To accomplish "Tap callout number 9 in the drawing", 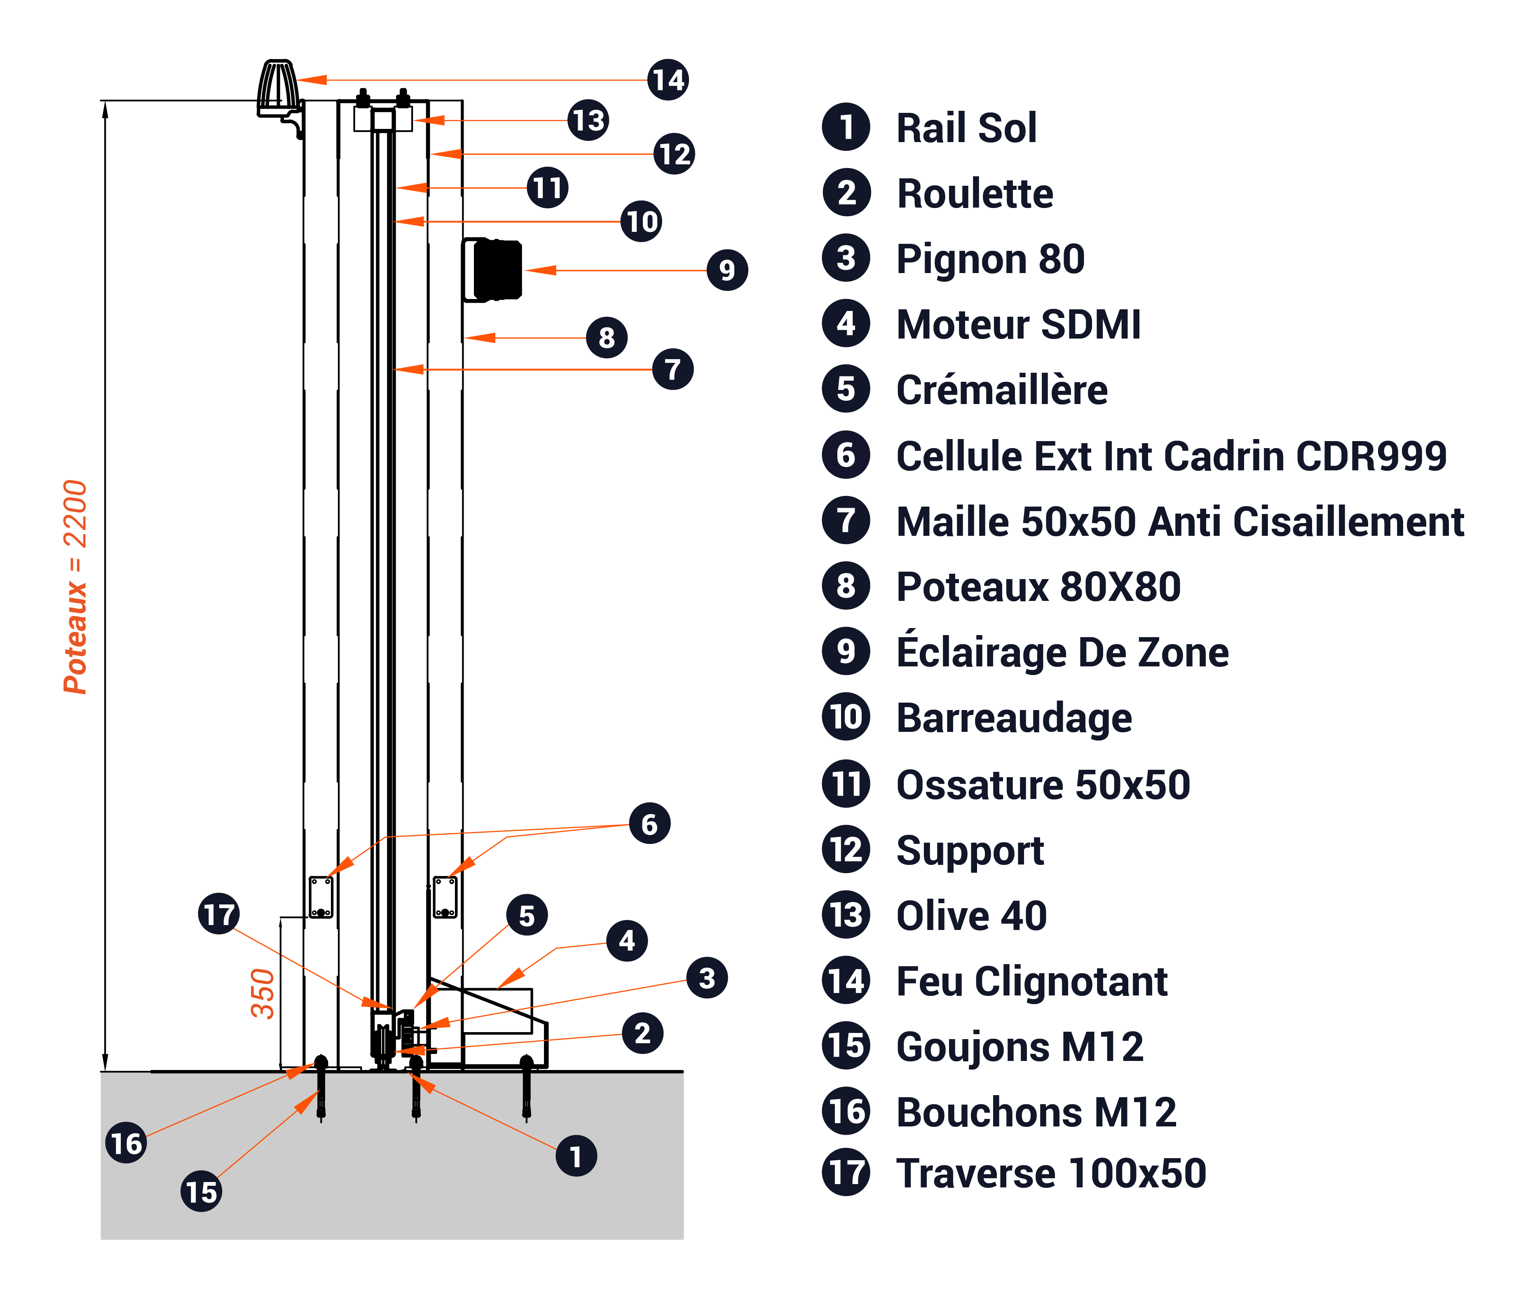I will (727, 270).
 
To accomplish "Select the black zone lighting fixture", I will (496, 269).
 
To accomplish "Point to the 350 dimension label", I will (262, 993).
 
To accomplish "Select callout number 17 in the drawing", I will (219, 914).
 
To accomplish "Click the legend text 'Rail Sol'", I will (966, 128).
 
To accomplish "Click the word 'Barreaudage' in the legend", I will (1014, 718).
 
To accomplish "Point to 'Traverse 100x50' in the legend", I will (1050, 1173).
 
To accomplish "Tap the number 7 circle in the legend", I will (846, 521).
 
